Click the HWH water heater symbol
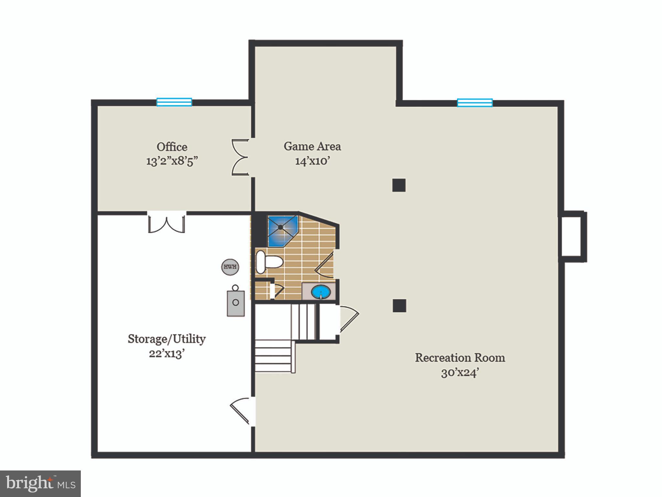230,267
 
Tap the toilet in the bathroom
268,261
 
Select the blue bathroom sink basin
321,292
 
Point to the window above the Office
174,102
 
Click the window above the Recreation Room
475,103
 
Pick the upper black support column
399,185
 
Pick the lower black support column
399,306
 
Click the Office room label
172,147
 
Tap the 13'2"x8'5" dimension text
172,161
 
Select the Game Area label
312,146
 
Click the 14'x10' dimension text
312,161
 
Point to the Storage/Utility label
167,339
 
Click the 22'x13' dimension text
167,354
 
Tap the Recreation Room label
460,358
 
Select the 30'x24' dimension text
460,373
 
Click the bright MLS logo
40,483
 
